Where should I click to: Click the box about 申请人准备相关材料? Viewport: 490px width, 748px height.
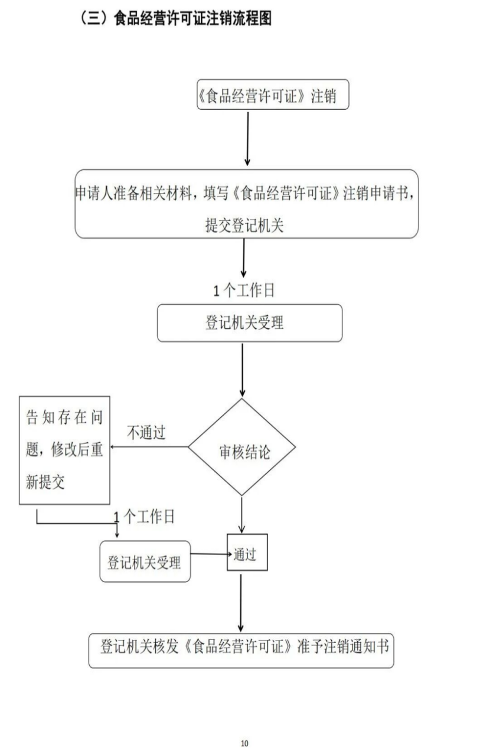pyautogui.click(x=246, y=204)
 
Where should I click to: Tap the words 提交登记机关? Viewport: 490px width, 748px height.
pyautogui.click(x=244, y=226)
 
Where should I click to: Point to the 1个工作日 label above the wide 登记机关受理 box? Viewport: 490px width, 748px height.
pyautogui.click(x=244, y=290)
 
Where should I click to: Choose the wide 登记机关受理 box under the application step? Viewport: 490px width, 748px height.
pyautogui.click(x=249, y=323)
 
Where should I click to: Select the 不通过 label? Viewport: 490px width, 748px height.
pyautogui.click(x=146, y=433)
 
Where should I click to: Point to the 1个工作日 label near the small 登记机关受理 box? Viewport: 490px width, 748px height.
pyautogui.click(x=145, y=518)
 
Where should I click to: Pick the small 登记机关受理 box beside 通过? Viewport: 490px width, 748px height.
pyautogui.click(x=145, y=561)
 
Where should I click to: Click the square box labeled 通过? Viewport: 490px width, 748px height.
pyautogui.click(x=247, y=553)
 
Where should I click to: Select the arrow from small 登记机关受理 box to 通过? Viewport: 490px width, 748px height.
pyautogui.click(x=210, y=554)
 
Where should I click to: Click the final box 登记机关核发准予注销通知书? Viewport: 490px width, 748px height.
pyautogui.click(x=241, y=650)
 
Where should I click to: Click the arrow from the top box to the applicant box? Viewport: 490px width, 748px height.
pyautogui.click(x=247, y=139)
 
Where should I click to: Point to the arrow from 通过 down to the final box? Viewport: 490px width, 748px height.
pyautogui.click(x=241, y=602)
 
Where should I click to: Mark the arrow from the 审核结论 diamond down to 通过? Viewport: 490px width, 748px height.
pyautogui.click(x=241, y=514)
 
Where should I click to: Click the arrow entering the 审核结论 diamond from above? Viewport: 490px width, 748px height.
pyautogui.click(x=242, y=370)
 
